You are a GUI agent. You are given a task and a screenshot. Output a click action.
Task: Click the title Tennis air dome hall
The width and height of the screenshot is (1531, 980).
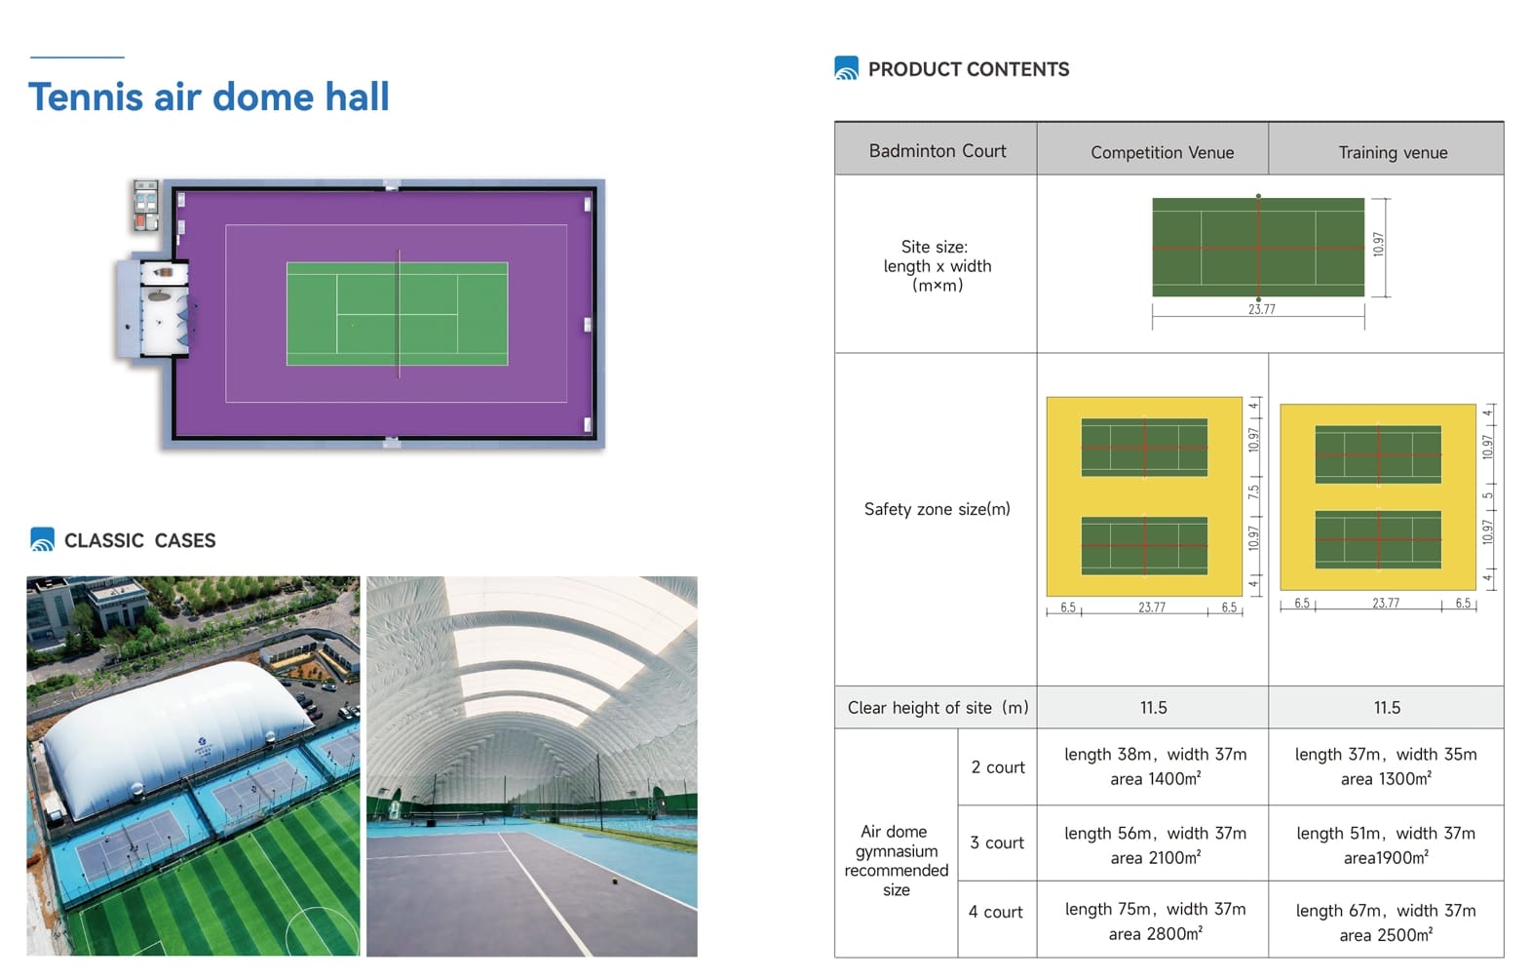pyautogui.click(x=209, y=97)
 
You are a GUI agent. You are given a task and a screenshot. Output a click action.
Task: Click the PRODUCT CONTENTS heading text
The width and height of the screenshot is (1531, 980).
pyautogui.click(x=969, y=69)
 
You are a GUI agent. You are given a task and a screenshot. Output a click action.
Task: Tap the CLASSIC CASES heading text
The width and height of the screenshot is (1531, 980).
pyautogui.click(x=140, y=540)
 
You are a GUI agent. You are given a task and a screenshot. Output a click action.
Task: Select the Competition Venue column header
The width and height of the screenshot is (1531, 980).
pyautogui.click(x=1162, y=152)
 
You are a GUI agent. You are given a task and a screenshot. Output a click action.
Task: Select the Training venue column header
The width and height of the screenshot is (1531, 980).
pyautogui.click(x=1393, y=152)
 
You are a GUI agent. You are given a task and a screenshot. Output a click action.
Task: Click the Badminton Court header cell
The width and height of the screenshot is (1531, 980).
pyautogui.click(x=938, y=151)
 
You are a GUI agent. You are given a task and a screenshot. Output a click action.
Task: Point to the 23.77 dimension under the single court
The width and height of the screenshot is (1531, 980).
pyautogui.click(x=1262, y=309)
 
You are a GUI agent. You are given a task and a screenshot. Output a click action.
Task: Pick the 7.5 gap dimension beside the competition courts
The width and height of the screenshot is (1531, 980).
pyautogui.click(x=1253, y=491)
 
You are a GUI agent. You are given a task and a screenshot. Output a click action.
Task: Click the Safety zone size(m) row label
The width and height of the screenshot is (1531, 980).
pyautogui.click(x=938, y=509)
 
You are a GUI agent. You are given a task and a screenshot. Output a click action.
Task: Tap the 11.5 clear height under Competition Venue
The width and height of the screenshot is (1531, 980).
pyautogui.click(x=1153, y=708)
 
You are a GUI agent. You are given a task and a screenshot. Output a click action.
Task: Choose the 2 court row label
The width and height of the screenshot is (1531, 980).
pyautogui.click(x=998, y=767)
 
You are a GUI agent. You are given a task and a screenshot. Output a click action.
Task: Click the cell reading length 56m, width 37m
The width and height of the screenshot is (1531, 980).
pyautogui.click(x=1155, y=834)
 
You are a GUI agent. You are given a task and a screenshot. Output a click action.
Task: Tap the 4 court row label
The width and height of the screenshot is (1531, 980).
pyautogui.click(x=996, y=913)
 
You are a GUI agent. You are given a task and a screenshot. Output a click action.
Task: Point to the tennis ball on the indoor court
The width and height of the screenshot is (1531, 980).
pyautogui.click(x=615, y=882)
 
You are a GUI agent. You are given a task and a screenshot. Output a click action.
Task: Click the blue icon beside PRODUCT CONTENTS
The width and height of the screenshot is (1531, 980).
pyautogui.click(x=846, y=67)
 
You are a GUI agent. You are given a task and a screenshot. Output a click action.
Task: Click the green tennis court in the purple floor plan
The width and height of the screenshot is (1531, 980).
pyautogui.click(x=397, y=314)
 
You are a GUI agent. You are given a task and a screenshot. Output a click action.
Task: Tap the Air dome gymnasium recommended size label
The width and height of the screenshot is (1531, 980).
pyautogui.click(x=896, y=861)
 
